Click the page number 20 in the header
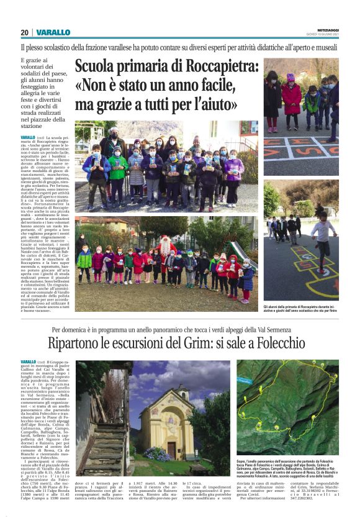coord(24,32)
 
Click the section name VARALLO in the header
coord(53,32)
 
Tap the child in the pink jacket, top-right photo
coord(290,96)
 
